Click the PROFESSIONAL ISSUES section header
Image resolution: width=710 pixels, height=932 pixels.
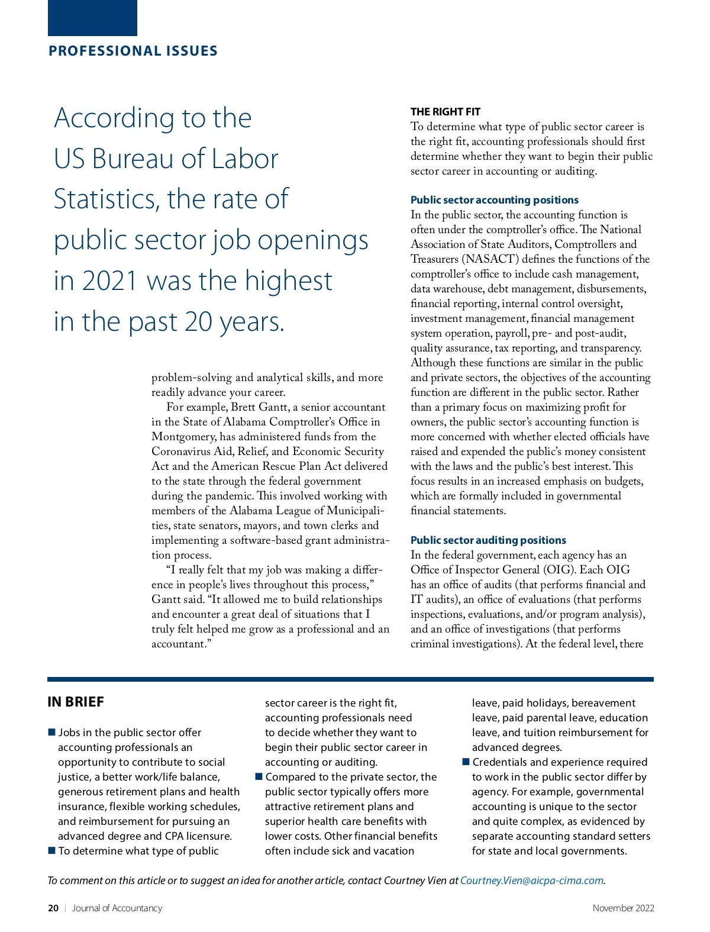pos(133,51)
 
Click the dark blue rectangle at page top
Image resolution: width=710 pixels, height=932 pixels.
pos(92,18)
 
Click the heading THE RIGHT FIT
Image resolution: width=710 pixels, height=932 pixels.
pos(445,112)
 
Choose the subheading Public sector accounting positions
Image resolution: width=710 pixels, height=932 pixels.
pos(494,200)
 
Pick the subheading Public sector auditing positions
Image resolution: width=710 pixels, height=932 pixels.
pos(488,540)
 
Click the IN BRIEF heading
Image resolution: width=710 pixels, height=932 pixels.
pos(76,702)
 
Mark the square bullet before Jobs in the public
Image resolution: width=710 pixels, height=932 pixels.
pos(51,733)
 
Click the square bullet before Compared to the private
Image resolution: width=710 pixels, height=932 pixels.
pos(259,776)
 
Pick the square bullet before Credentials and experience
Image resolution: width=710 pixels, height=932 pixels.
pos(466,762)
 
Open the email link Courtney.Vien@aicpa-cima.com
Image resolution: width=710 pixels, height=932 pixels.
pos(531,881)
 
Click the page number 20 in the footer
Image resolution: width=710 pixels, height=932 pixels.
pos(53,908)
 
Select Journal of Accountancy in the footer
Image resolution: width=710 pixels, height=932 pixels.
pos(117,908)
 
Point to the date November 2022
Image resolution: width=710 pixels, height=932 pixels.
pos(623,908)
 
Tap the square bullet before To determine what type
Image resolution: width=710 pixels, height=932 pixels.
pos(51,851)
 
